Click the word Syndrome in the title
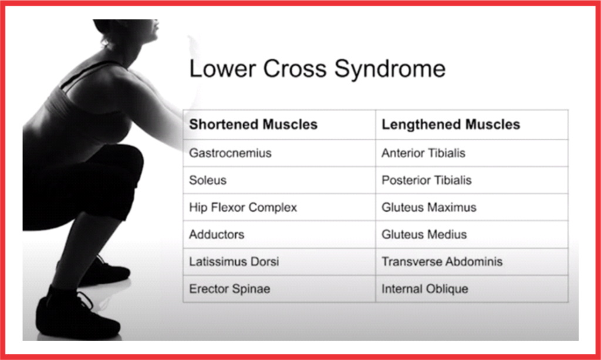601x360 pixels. (x=390, y=70)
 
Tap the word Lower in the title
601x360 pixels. (x=222, y=69)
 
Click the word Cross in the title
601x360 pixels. (x=295, y=69)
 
